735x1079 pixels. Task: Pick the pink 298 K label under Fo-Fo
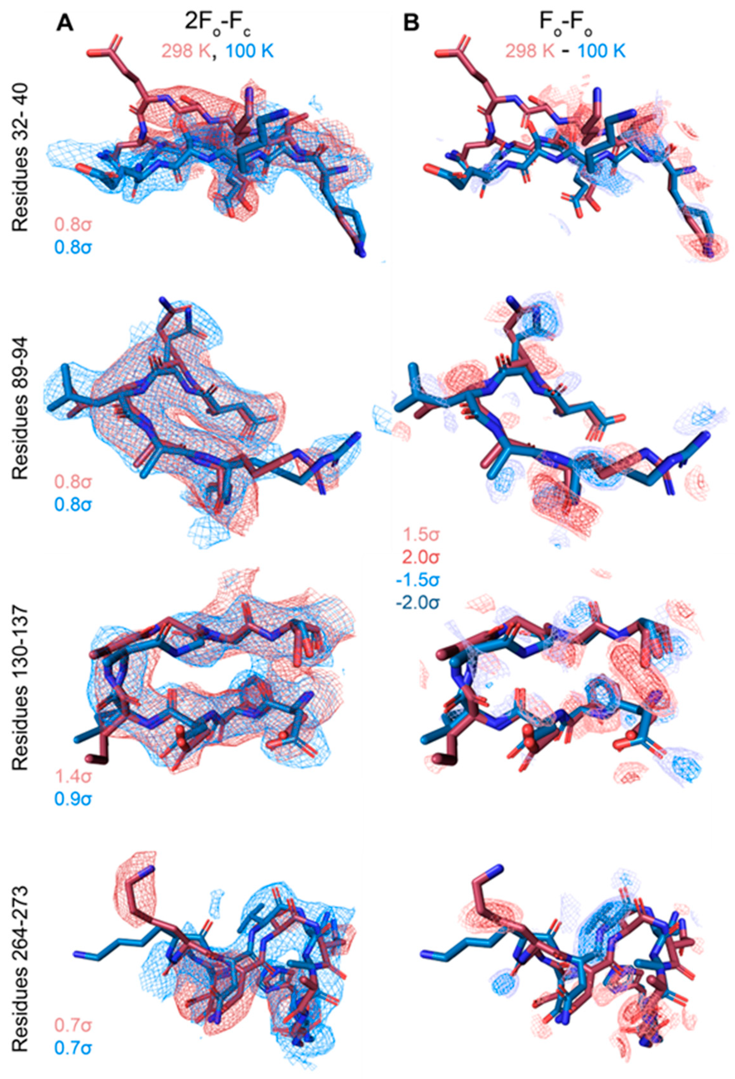point(530,51)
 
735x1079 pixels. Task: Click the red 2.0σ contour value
point(421,557)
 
